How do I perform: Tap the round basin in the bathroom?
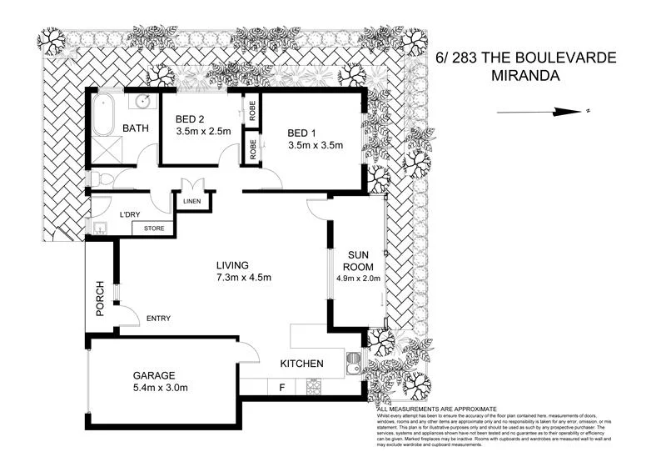[142, 102]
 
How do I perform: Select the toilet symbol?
[99, 178]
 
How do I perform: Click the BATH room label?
[137, 128]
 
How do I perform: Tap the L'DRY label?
[131, 215]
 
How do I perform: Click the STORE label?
[155, 228]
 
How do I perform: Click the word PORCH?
[99, 297]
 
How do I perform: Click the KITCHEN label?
[301, 364]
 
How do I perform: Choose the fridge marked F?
[282, 388]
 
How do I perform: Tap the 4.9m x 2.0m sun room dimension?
[358, 278]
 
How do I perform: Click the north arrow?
[541, 112]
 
